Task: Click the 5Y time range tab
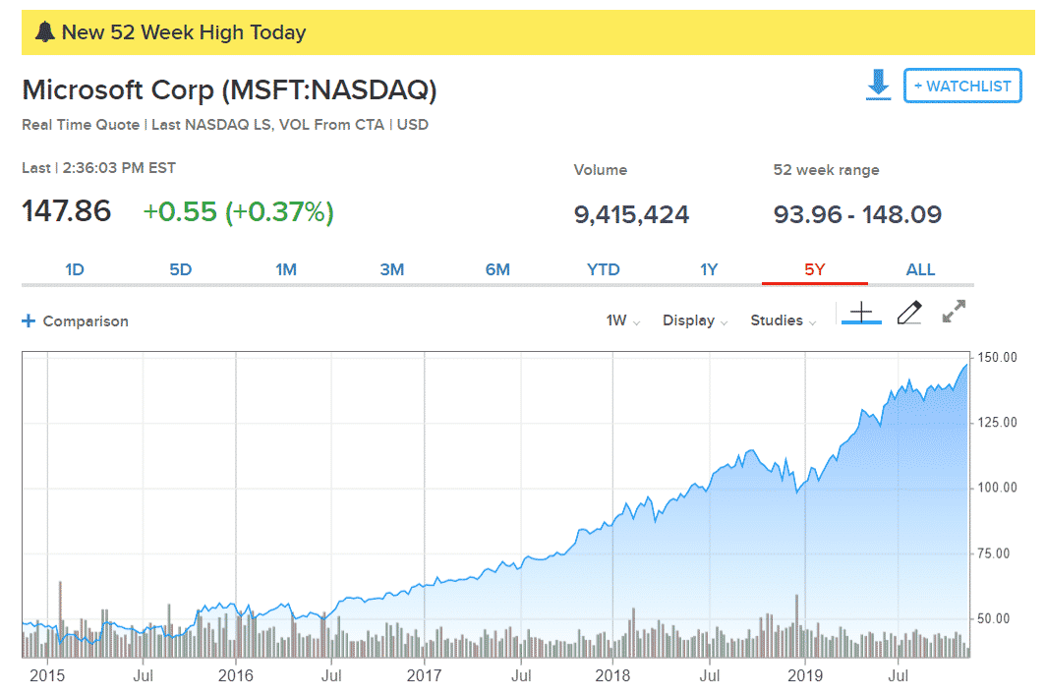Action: point(814,269)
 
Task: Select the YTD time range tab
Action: point(604,269)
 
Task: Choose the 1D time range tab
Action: point(75,269)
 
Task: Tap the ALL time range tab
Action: point(920,269)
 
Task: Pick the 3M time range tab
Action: point(392,269)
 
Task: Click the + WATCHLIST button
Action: point(962,86)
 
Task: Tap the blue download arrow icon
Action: point(878,85)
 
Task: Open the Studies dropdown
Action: point(783,320)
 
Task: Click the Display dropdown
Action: point(695,320)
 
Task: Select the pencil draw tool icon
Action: point(909,313)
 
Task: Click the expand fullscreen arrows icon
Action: point(954,312)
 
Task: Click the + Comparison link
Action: point(75,320)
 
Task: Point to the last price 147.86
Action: point(67,211)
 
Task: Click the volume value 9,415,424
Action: point(631,214)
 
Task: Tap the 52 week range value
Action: point(857,214)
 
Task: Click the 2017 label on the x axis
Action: point(425,675)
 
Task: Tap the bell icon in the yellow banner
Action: point(44,32)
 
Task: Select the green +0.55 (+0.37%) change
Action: point(238,211)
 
